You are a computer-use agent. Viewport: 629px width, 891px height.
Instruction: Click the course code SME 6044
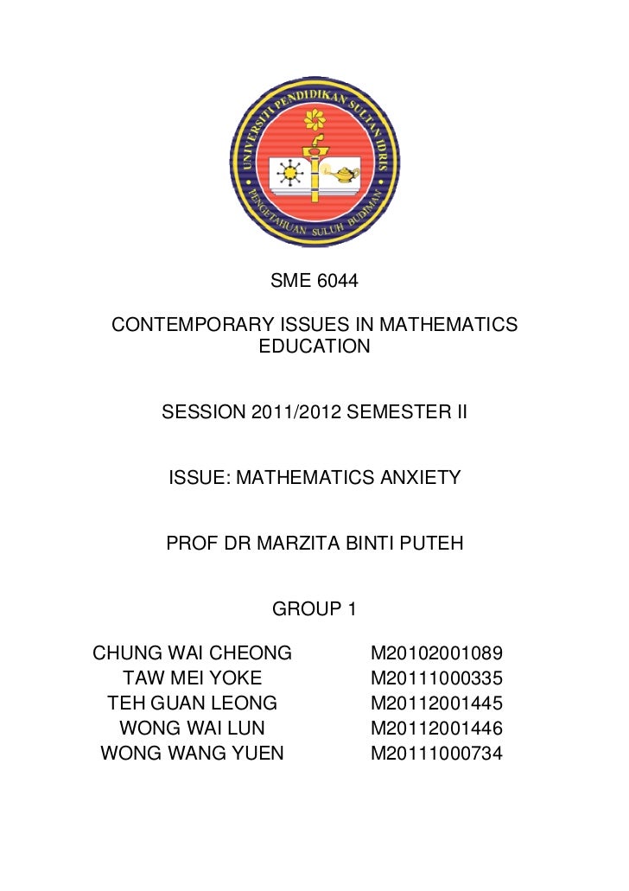pyautogui.click(x=314, y=281)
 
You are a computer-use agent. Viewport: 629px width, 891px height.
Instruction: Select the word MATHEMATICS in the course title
pyautogui.click(x=448, y=325)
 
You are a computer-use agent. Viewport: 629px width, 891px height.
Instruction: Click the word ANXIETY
pyautogui.click(x=419, y=477)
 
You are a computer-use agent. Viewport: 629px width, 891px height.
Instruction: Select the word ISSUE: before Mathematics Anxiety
pyautogui.click(x=198, y=477)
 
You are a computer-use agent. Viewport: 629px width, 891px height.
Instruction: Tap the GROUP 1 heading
pyautogui.click(x=314, y=609)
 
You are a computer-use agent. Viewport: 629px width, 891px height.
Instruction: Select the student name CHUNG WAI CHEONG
pyautogui.click(x=193, y=652)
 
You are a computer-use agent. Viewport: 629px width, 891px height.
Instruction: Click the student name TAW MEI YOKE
pyautogui.click(x=193, y=677)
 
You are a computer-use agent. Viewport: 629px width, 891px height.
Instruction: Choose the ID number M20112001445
pyautogui.click(x=436, y=702)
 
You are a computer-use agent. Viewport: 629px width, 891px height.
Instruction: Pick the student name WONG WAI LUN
pyautogui.click(x=192, y=728)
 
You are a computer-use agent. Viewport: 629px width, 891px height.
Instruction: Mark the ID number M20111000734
pyautogui.click(x=436, y=753)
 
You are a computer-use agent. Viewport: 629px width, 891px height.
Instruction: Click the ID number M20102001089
pyautogui.click(x=436, y=652)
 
